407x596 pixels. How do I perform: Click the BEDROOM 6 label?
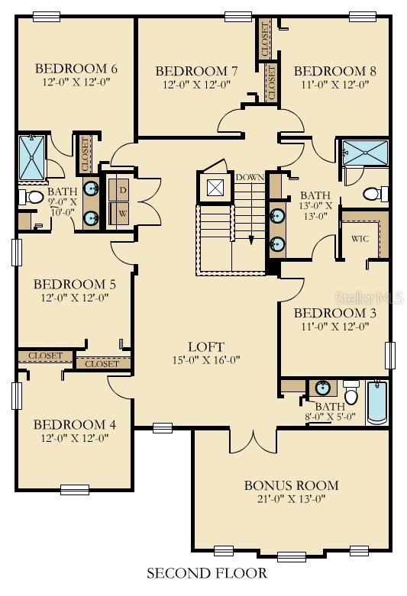75,68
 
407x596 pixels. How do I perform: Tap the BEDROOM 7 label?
196,71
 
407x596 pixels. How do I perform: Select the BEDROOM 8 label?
334,71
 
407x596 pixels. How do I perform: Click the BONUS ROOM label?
291,485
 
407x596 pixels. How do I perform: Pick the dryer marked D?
122,189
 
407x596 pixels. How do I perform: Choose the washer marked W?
122,214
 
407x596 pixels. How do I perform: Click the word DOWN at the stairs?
249,178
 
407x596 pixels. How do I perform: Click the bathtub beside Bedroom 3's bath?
378,402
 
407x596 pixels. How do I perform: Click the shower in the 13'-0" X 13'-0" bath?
364,152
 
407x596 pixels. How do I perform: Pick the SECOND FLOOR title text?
206,572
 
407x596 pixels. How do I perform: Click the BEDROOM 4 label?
69,424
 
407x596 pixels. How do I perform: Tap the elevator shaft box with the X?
215,188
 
